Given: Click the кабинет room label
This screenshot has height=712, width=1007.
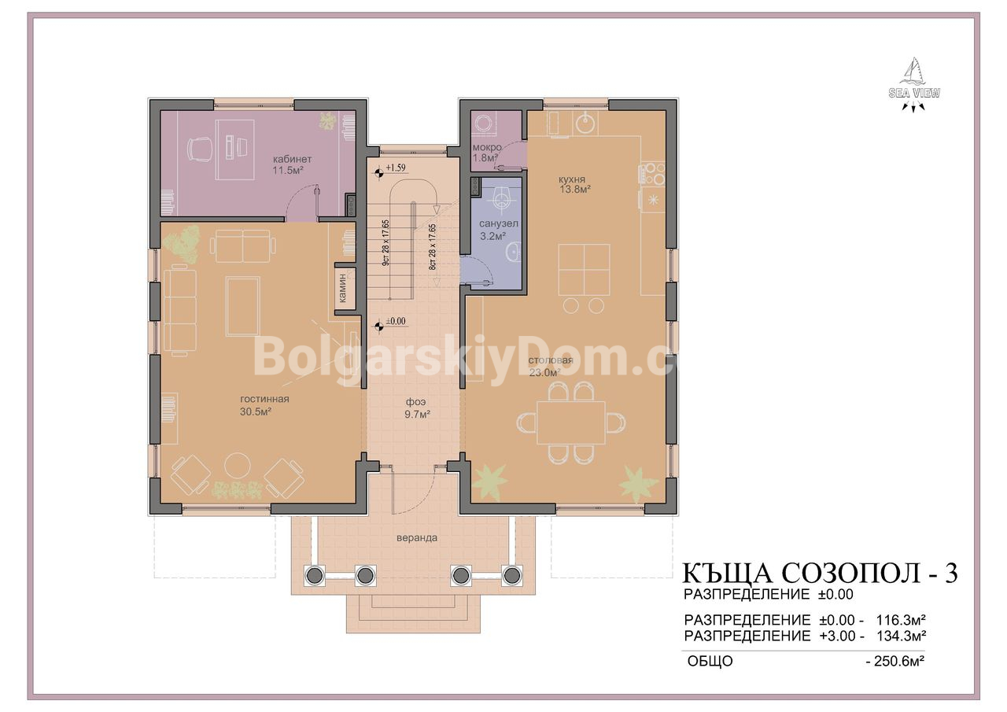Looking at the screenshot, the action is coord(292,159).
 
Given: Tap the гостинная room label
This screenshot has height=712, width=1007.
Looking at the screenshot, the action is coord(264,399).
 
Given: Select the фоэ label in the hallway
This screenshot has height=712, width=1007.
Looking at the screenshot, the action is coord(415,402).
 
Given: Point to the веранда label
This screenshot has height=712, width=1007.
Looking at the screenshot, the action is coord(417,537).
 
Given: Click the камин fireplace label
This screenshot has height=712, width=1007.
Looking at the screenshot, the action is coord(342,288).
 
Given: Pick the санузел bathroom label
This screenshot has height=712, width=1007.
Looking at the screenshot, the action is coord(499,223).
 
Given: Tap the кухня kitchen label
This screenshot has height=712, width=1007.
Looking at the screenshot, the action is coord(572,179).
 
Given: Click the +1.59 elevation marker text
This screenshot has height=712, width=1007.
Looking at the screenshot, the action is coord(396,168).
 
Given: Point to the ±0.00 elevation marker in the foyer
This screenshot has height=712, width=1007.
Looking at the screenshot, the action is coord(396,321).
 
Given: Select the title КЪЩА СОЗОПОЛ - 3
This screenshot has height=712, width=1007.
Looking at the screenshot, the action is coord(821,573).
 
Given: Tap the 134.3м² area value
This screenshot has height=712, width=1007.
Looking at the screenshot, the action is coord(901,636).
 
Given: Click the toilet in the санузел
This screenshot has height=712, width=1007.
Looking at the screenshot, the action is coord(501,198).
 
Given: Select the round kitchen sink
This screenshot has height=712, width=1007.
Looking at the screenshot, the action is coord(586,124).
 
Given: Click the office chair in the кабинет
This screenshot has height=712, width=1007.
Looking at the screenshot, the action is coord(199,148).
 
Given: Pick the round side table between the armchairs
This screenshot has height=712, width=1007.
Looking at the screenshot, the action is coord(238,465).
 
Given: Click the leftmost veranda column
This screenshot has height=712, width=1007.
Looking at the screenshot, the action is coord(314,575).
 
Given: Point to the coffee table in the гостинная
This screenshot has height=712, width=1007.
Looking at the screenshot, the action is coord(243,306).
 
